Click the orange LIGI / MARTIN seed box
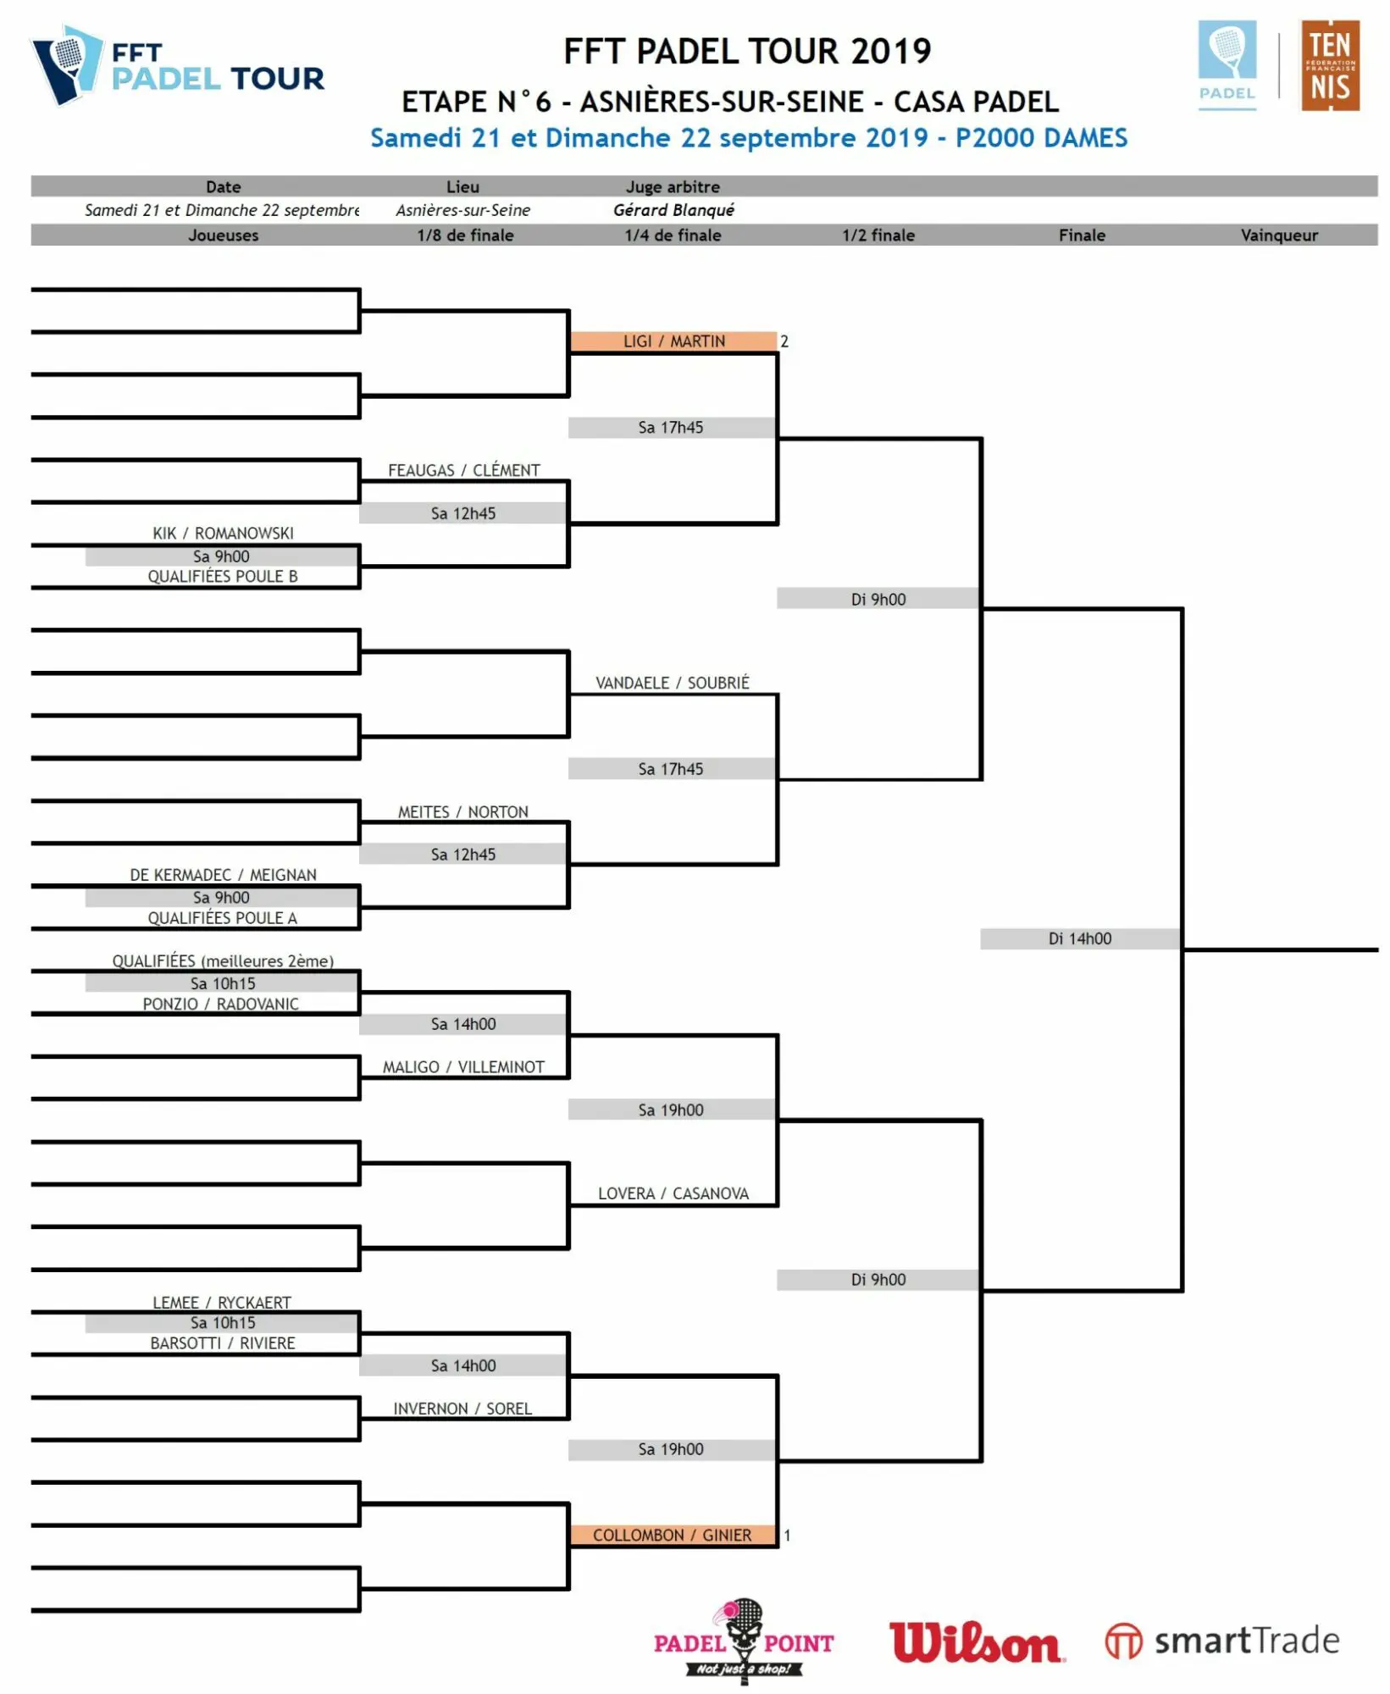tap(673, 341)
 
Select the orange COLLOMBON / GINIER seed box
tap(673, 1535)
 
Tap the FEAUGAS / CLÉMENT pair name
tap(463, 470)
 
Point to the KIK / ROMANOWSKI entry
tap(223, 533)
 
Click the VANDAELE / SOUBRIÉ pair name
tap(672, 683)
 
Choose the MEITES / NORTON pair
tap(463, 811)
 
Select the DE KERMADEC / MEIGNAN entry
tap(223, 874)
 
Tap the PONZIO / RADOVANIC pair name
tap(220, 1004)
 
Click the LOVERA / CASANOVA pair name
tap(673, 1193)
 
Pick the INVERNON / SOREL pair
tap(462, 1409)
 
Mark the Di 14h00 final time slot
tap(1079, 938)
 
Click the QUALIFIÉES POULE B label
tap(223, 576)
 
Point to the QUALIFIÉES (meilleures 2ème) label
tap(223, 960)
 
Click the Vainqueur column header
tap(1278, 235)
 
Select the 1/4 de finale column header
tap(673, 235)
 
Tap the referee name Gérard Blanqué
tap(673, 210)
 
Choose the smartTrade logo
tap(1222, 1641)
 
